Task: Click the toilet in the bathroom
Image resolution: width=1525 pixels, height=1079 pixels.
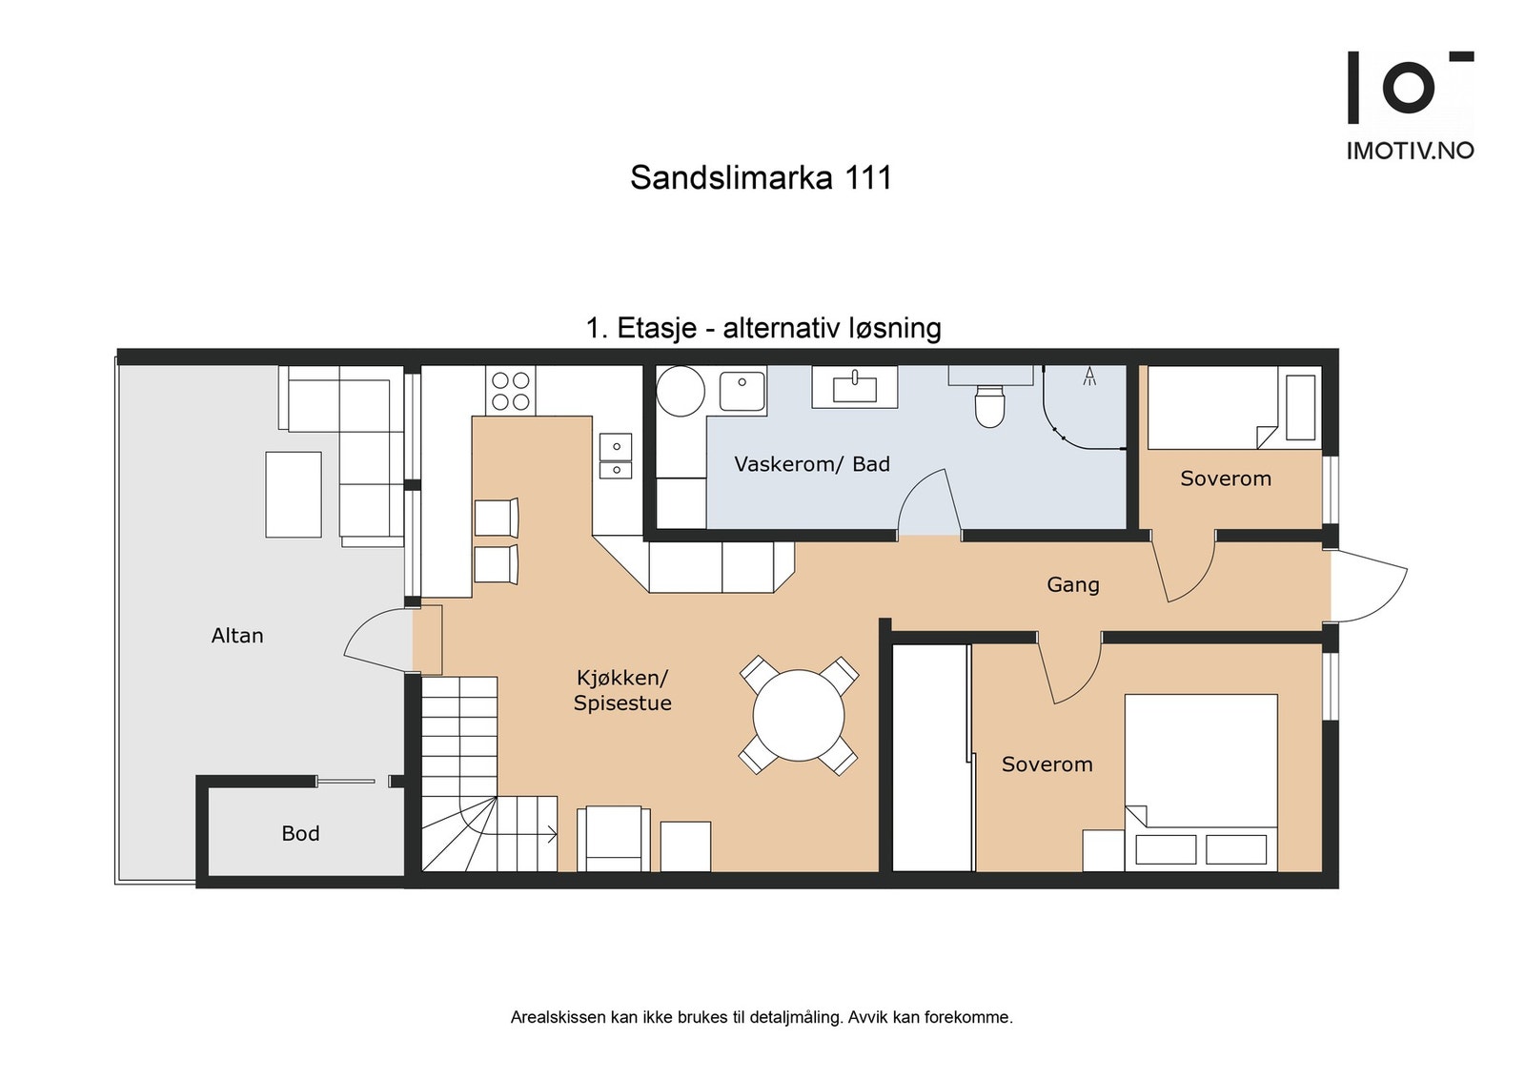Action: click(x=989, y=405)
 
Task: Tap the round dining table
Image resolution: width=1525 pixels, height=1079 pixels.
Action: click(x=799, y=715)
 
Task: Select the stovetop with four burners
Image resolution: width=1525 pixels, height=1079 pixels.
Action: click(x=510, y=391)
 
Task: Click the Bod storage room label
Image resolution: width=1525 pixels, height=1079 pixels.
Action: click(x=300, y=833)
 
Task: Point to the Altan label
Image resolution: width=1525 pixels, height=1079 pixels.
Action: click(x=237, y=636)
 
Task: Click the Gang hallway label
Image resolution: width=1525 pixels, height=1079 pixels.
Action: click(x=1073, y=584)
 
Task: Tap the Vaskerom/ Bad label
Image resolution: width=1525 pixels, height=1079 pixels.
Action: click(x=812, y=464)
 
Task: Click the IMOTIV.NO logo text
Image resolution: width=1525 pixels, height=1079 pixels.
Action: click(x=1410, y=151)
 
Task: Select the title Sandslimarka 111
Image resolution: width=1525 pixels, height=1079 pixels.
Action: click(x=761, y=177)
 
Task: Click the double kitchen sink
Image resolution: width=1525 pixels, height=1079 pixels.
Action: click(x=616, y=457)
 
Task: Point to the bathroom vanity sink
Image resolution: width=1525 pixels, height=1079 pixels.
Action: click(x=854, y=387)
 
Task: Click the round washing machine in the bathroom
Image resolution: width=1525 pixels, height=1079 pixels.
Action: click(x=681, y=391)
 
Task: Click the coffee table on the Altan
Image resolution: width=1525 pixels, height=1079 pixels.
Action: click(x=294, y=494)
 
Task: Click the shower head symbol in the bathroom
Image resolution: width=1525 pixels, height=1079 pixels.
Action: click(x=1089, y=377)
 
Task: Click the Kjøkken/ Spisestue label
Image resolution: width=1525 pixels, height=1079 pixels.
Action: click(x=622, y=690)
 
